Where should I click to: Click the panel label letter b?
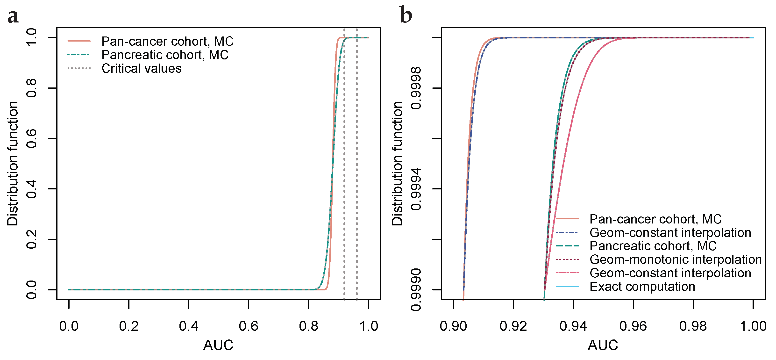pyautogui.click(x=406, y=15)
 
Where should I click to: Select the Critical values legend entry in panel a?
pyautogui.click(x=141, y=68)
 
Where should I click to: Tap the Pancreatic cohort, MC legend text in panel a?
pyautogui.click(x=165, y=55)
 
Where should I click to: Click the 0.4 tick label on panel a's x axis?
pyautogui.click(x=189, y=326)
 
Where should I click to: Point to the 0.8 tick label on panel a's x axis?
pyautogui.click(x=308, y=326)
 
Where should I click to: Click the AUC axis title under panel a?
pyautogui.click(x=218, y=345)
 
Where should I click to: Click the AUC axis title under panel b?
pyautogui.click(x=603, y=345)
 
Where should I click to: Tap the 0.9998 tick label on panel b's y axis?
pyautogui.click(x=416, y=88)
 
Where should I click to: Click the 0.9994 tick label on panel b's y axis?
pyautogui.click(x=416, y=189)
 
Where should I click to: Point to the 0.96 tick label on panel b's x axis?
pyautogui.click(x=633, y=326)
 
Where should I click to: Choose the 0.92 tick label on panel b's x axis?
pyautogui.click(x=513, y=326)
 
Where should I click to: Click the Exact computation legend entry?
pyautogui.click(x=642, y=287)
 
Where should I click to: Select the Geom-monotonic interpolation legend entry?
pyautogui.click(x=675, y=259)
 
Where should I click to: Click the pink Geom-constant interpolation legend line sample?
pyautogui.click(x=567, y=273)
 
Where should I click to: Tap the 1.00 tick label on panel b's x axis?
pyautogui.click(x=753, y=326)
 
